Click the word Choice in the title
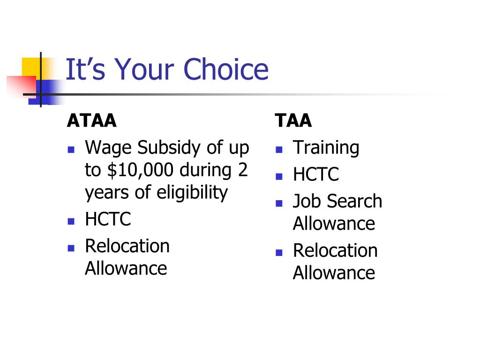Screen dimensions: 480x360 tap(226, 69)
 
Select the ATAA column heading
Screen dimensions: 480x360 tap(92, 120)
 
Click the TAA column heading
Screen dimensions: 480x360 tap(293, 120)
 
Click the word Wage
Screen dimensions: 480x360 tap(109, 148)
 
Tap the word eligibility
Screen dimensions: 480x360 tap(192, 193)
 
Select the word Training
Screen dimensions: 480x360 tap(326, 148)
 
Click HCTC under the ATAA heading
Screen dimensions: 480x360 tap(108, 219)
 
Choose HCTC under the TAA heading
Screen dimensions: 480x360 tap(316, 174)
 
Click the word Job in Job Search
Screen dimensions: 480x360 tap(307, 201)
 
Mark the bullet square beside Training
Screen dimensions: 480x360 tap(279, 150)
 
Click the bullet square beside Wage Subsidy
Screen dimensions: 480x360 tap(71, 150)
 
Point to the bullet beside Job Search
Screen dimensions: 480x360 tap(279, 203)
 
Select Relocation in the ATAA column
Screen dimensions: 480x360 tap(127, 246)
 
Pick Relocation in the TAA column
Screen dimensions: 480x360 tap(335, 250)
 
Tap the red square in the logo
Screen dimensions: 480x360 tap(22, 86)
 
